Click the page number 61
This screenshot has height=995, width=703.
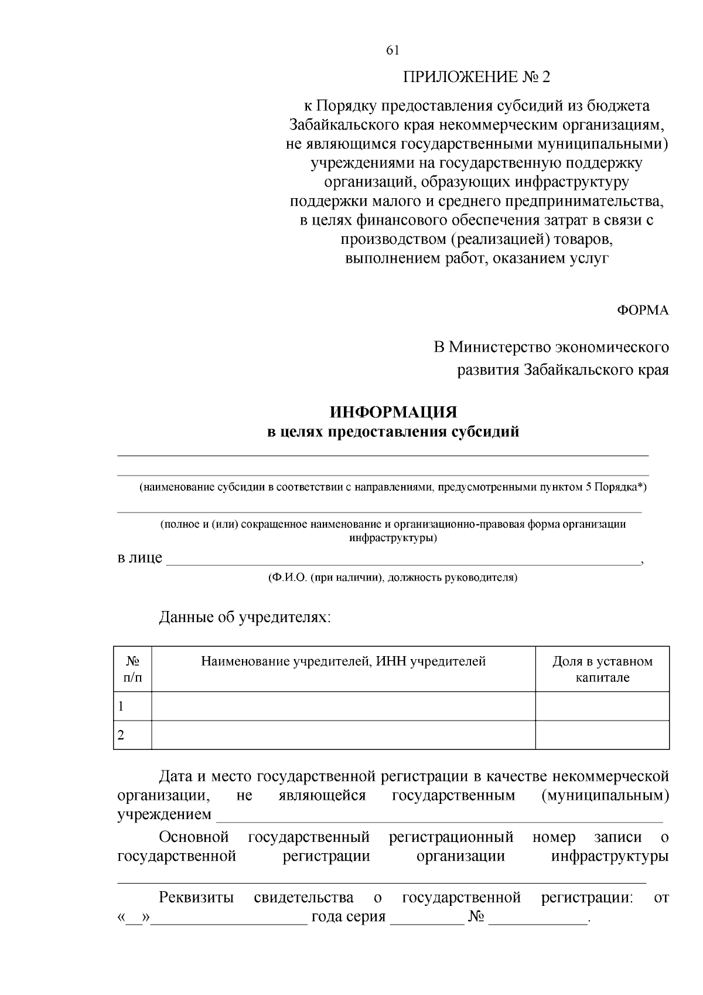click(x=393, y=50)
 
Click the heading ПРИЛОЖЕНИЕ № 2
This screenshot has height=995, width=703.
click(x=476, y=77)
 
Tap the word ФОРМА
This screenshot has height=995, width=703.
click(x=642, y=311)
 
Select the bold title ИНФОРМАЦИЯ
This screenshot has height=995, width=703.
click(x=393, y=412)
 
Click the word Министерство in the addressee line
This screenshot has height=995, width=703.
click(x=500, y=347)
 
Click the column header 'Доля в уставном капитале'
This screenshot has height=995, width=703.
click(x=602, y=670)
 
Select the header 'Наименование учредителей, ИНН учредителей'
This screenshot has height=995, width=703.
click(x=343, y=662)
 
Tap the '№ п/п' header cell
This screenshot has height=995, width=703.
click(x=132, y=670)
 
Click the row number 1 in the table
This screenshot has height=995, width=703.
click(x=121, y=707)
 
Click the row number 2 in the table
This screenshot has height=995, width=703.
click(x=121, y=735)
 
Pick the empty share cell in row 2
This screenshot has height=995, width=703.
click(x=602, y=735)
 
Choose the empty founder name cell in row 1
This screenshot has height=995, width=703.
click(x=343, y=707)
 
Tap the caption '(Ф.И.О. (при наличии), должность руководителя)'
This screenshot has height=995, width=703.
click(x=393, y=578)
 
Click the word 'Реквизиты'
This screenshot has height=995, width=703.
click(x=196, y=898)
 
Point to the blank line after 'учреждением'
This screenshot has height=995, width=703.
click(x=439, y=817)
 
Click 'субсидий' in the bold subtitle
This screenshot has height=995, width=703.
click(x=486, y=433)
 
